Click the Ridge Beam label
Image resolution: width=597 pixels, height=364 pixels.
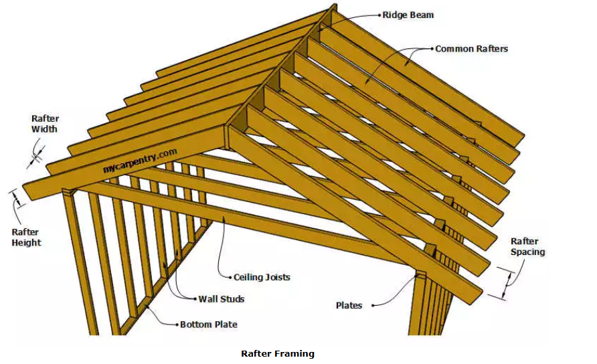coord(409,14)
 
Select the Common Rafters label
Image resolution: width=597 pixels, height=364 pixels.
coord(471,49)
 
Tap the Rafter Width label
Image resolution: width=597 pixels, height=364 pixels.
coord(44,124)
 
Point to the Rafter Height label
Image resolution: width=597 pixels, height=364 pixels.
coord(26,238)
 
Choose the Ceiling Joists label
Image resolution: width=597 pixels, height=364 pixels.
coord(262,277)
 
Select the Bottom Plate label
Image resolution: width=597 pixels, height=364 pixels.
coord(208,325)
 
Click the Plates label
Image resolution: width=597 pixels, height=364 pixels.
coord(349,305)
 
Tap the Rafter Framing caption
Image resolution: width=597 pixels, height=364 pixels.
coord(277,353)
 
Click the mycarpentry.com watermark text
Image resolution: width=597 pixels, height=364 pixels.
coord(140,161)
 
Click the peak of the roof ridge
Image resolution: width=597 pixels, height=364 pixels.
coord(332,8)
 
